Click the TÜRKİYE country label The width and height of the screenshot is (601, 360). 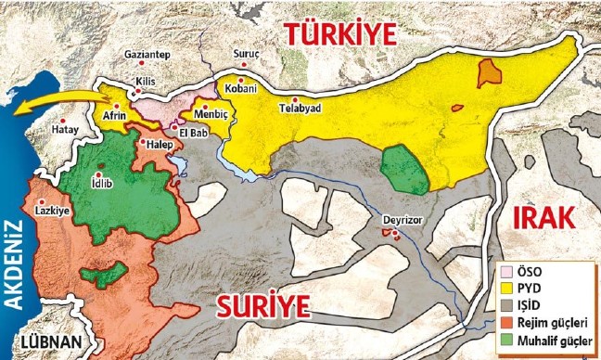(339, 33)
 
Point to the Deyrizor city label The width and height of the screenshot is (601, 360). (401, 221)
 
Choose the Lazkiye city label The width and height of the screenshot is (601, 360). (53, 211)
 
